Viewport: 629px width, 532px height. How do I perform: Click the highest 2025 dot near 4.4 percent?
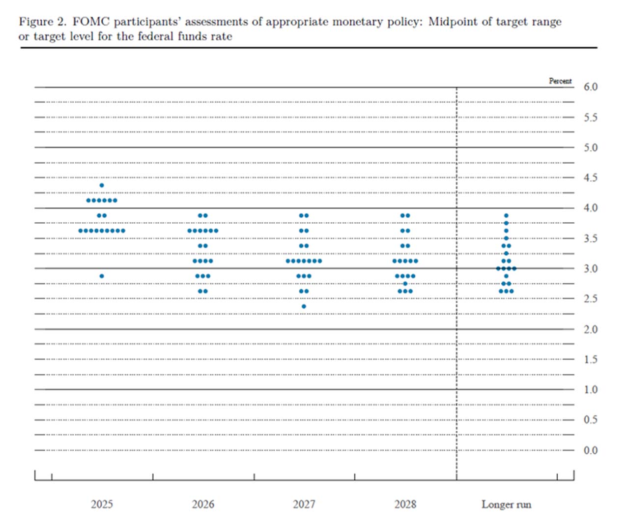click(102, 185)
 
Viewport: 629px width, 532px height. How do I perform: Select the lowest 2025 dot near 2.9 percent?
click(102, 276)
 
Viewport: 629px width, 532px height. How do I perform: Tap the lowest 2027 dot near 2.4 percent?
click(304, 306)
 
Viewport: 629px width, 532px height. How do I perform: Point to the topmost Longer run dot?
click(506, 216)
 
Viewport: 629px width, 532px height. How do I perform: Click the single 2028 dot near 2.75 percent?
click(405, 284)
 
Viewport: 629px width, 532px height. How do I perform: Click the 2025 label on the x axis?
click(102, 504)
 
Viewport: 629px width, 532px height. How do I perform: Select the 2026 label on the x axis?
click(203, 504)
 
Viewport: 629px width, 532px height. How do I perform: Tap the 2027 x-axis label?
click(304, 504)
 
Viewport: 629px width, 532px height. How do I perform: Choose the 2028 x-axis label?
click(405, 504)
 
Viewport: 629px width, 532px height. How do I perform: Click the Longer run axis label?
click(506, 504)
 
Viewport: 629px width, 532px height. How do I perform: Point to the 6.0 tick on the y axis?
click(590, 87)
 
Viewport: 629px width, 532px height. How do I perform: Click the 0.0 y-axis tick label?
click(590, 450)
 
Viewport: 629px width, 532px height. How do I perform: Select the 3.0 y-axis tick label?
click(590, 268)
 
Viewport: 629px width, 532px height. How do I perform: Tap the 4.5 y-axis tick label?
click(590, 177)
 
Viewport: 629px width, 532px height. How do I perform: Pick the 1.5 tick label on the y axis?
click(590, 359)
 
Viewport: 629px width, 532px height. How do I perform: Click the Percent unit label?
click(560, 81)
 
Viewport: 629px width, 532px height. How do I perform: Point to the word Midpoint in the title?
click(451, 22)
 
